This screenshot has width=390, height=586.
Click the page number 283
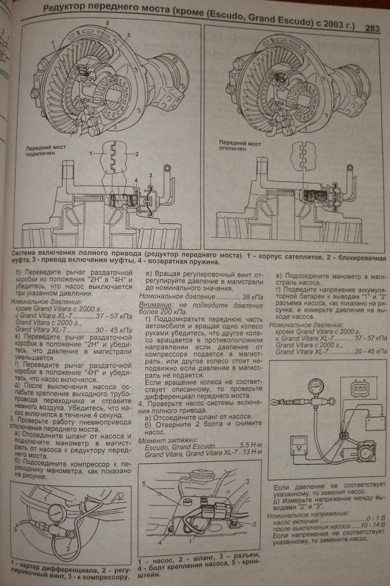[x=372, y=27]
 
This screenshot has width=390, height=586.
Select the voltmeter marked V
[x=297, y=452]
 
